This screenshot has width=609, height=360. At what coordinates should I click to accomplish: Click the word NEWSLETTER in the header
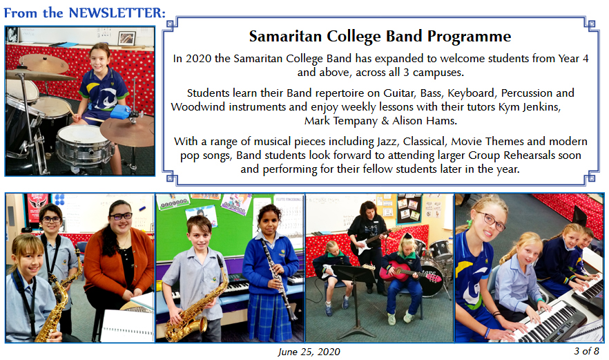click(x=117, y=12)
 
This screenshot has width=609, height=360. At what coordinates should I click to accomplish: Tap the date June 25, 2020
click(x=309, y=352)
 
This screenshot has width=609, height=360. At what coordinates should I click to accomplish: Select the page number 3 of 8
click(x=587, y=351)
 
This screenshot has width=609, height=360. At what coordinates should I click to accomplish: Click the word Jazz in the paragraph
click(x=387, y=142)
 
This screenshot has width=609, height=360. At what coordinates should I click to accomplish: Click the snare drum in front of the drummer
click(x=85, y=145)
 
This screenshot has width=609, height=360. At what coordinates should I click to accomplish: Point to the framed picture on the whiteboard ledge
click(x=126, y=38)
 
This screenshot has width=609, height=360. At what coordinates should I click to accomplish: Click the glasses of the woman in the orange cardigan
click(x=121, y=216)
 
